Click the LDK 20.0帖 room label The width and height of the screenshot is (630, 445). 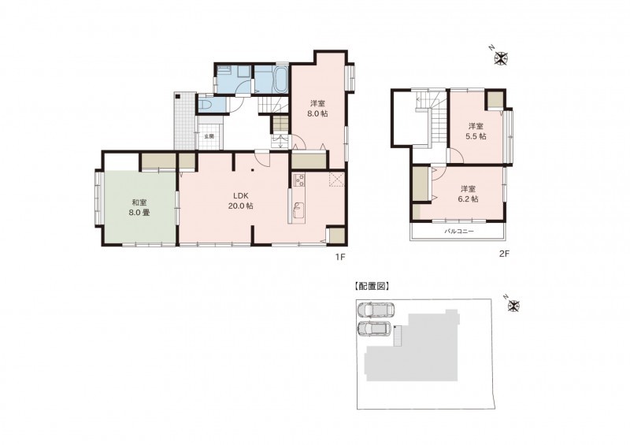click(x=243, y=201)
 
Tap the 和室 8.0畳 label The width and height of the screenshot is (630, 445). click(x=139, y=207)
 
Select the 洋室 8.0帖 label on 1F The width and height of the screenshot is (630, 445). click(x=317, y=109)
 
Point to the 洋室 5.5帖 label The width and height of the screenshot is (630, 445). click(x=476, y=131)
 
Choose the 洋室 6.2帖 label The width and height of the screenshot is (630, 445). click(x=469, y=194)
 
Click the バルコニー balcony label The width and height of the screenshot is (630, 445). click(x=459, y=232)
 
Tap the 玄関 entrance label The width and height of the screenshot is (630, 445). click(x=209, y=136)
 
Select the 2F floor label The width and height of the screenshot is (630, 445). click(x=504, y=254)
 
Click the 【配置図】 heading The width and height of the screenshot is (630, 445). click(x=370, y=286)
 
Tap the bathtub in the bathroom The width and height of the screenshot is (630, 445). click(x=280, y=80)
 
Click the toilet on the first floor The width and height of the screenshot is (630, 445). click(x=206, y=106)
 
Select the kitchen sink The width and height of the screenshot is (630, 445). click(x=298, y=209)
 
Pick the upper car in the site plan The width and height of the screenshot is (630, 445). click(x=376, y=310)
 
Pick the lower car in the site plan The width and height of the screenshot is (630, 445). click(x=374, y=328)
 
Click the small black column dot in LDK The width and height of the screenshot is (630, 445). click(x=252, y=170)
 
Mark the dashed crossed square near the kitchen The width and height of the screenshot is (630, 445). click(x=337, y=180)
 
